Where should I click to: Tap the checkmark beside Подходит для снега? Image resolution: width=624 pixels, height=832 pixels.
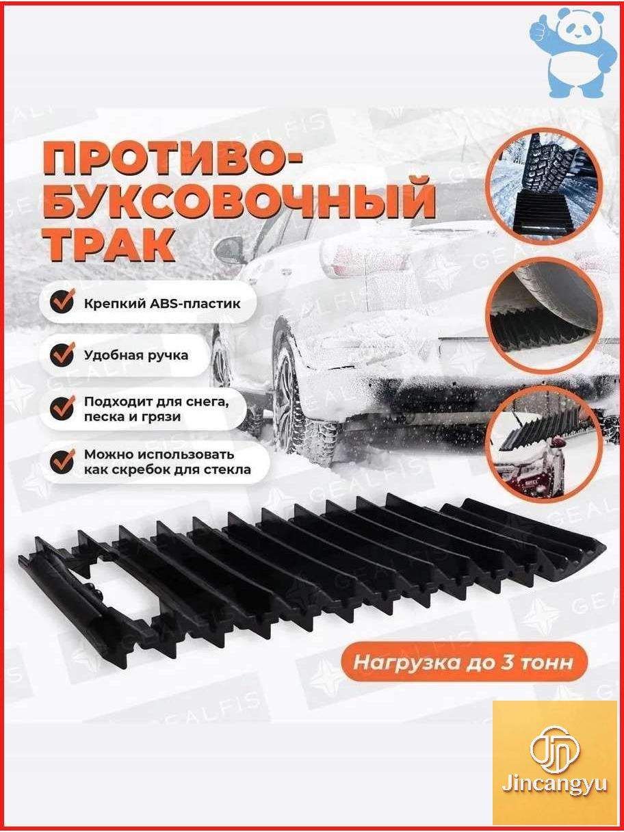[x=62, y=408]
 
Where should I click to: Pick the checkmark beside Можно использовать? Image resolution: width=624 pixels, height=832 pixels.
[x=62, y=461]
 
